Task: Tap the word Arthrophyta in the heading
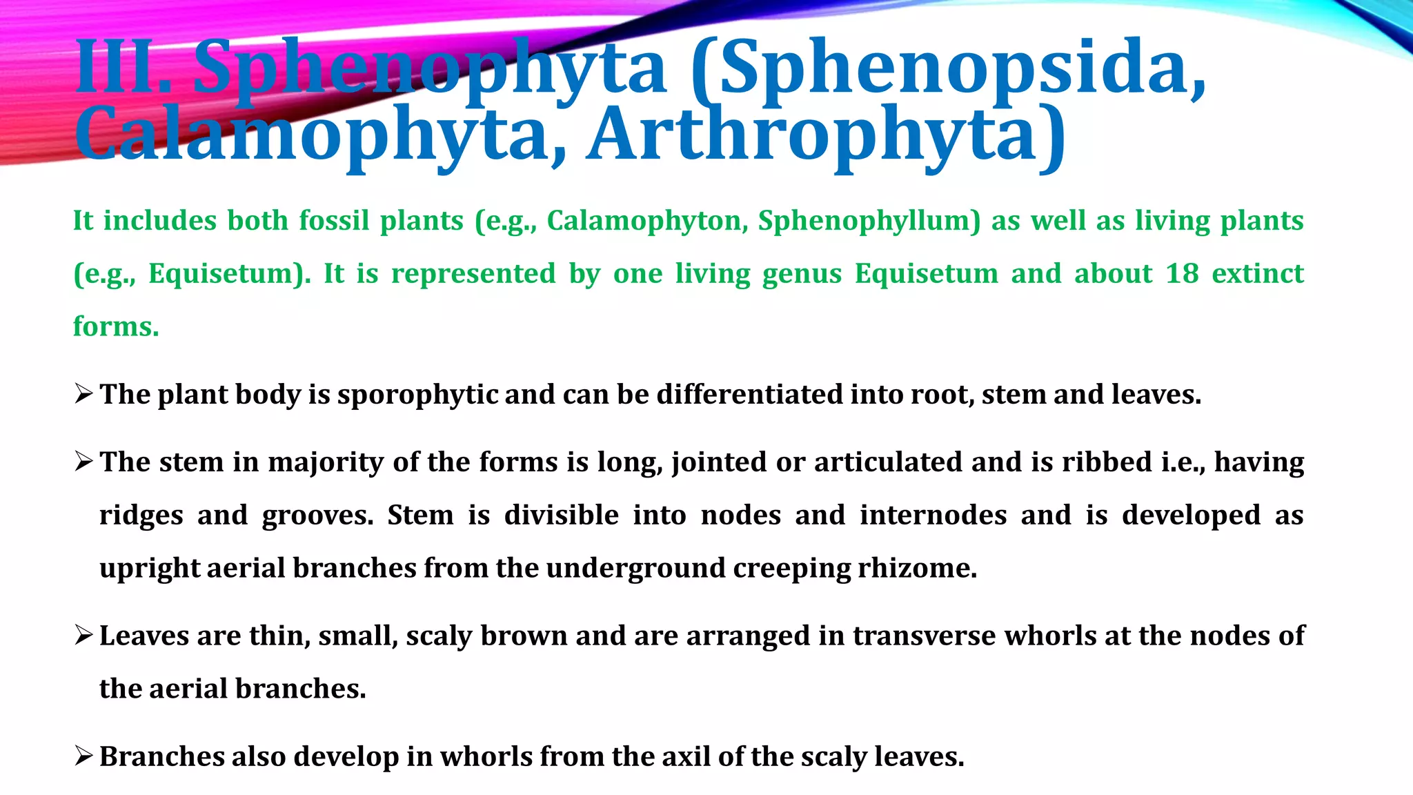pyautogui.click(x=825, y=135)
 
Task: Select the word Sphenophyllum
pyautogui.click(x=869, y=221)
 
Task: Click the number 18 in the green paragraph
pyautogui.click(x=1182, y=273)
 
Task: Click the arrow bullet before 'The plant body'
pyautogui.click(x=83, y=394)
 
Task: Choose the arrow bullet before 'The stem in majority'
pyautogui.click(x=83, y=462)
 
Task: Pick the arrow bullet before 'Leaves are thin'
pyautogui.click(x=83, y=635)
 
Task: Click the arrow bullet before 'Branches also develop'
pyautogui.click(x=83, y=756)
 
